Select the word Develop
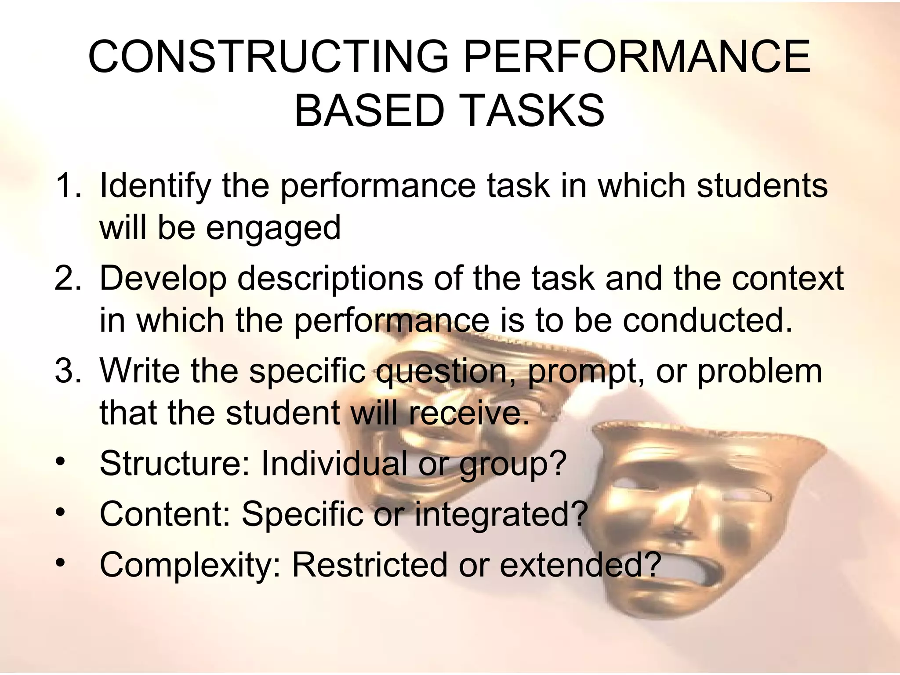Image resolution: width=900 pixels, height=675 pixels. click(x=163, y=279)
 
